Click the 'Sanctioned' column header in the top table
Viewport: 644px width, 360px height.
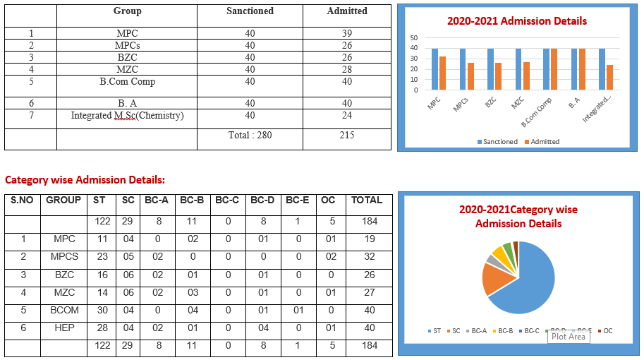click(x=250, y=11)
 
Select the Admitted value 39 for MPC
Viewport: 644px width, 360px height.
click(x=347, y=33)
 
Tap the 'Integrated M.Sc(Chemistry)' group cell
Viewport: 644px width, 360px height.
click(x=128, y=116)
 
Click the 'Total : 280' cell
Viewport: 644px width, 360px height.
click(x=250, y=136)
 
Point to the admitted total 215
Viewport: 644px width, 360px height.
click(x=347, y=136)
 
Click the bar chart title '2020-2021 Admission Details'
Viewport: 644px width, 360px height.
click(x=516, y=21)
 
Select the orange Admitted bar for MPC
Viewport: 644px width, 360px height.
click(x=442, y=73)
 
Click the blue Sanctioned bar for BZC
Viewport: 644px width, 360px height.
click(x=490, y=69)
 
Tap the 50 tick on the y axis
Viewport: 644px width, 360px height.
click(x=413, y=38)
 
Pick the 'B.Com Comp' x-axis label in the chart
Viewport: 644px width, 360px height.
click(x=536, y=112)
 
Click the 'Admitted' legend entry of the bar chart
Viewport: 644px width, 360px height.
click(x=542, y=142)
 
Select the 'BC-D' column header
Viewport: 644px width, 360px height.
click(x=262, y=200)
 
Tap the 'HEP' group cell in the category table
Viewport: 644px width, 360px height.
click(x=64, y=328)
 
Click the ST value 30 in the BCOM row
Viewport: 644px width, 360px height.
click(x=102, y=311)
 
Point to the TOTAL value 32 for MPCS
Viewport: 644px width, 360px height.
click(x=369, y=257)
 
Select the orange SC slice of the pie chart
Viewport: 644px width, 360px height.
click(x=495, y=279)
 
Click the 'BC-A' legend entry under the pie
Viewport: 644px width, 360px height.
click(x=476, y=331)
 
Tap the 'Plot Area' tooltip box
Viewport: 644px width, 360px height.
click(x=569, y=337)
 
